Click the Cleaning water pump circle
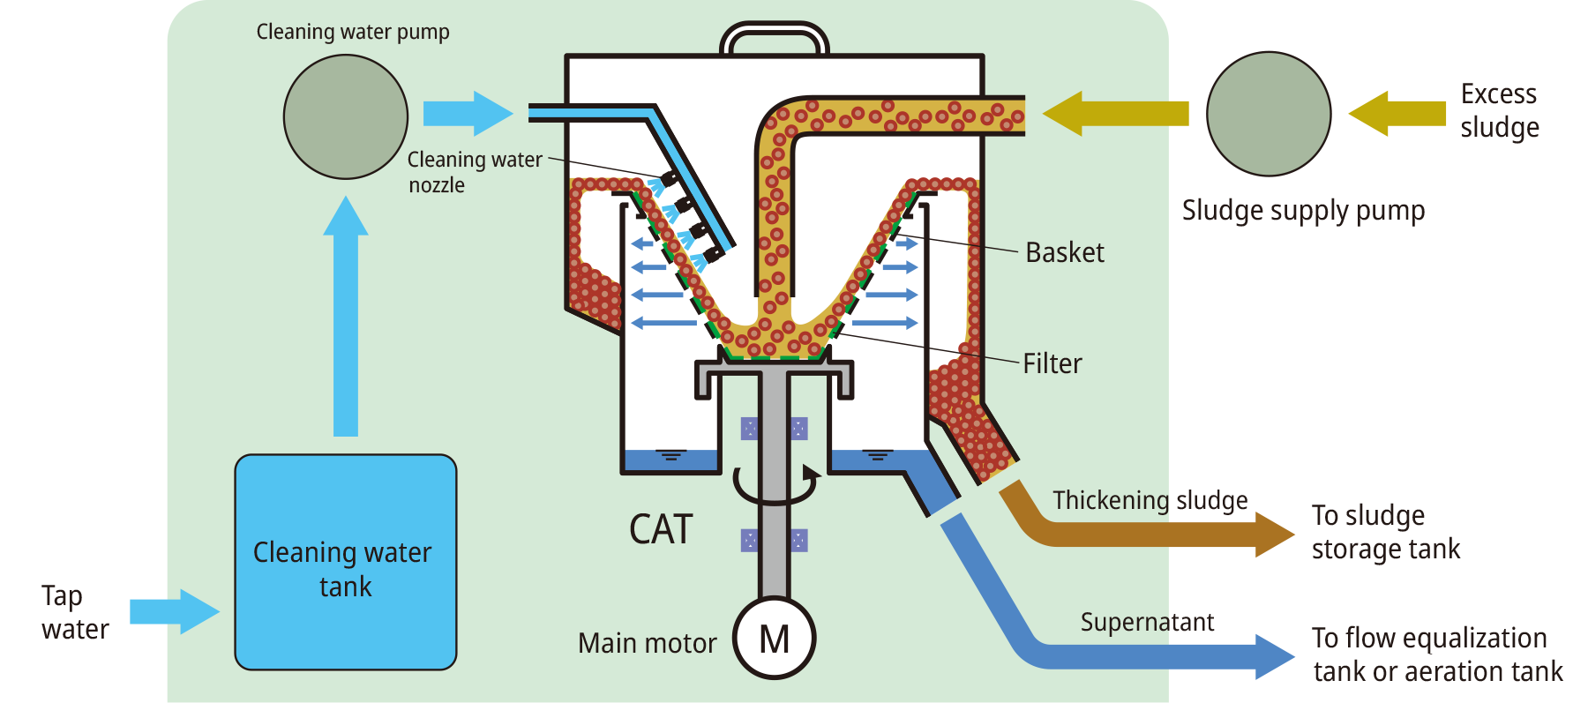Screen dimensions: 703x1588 click(346, 116)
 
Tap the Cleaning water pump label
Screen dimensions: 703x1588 click(353, 33)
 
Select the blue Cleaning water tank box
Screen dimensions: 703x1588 click(346, 562)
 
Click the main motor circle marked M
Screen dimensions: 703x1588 click(775, 639)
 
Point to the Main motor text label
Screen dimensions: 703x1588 click(647, 644)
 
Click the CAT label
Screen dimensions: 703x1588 click(661, 529)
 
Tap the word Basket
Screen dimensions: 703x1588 click(1065, 253)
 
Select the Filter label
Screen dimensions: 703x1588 click(1052, 363)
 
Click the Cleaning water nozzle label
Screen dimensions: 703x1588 click(474, 172)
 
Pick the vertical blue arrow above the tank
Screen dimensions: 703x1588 click(346, 318)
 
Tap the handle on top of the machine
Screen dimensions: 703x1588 click(775, 38)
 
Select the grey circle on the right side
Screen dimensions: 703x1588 click(1269, 114)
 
